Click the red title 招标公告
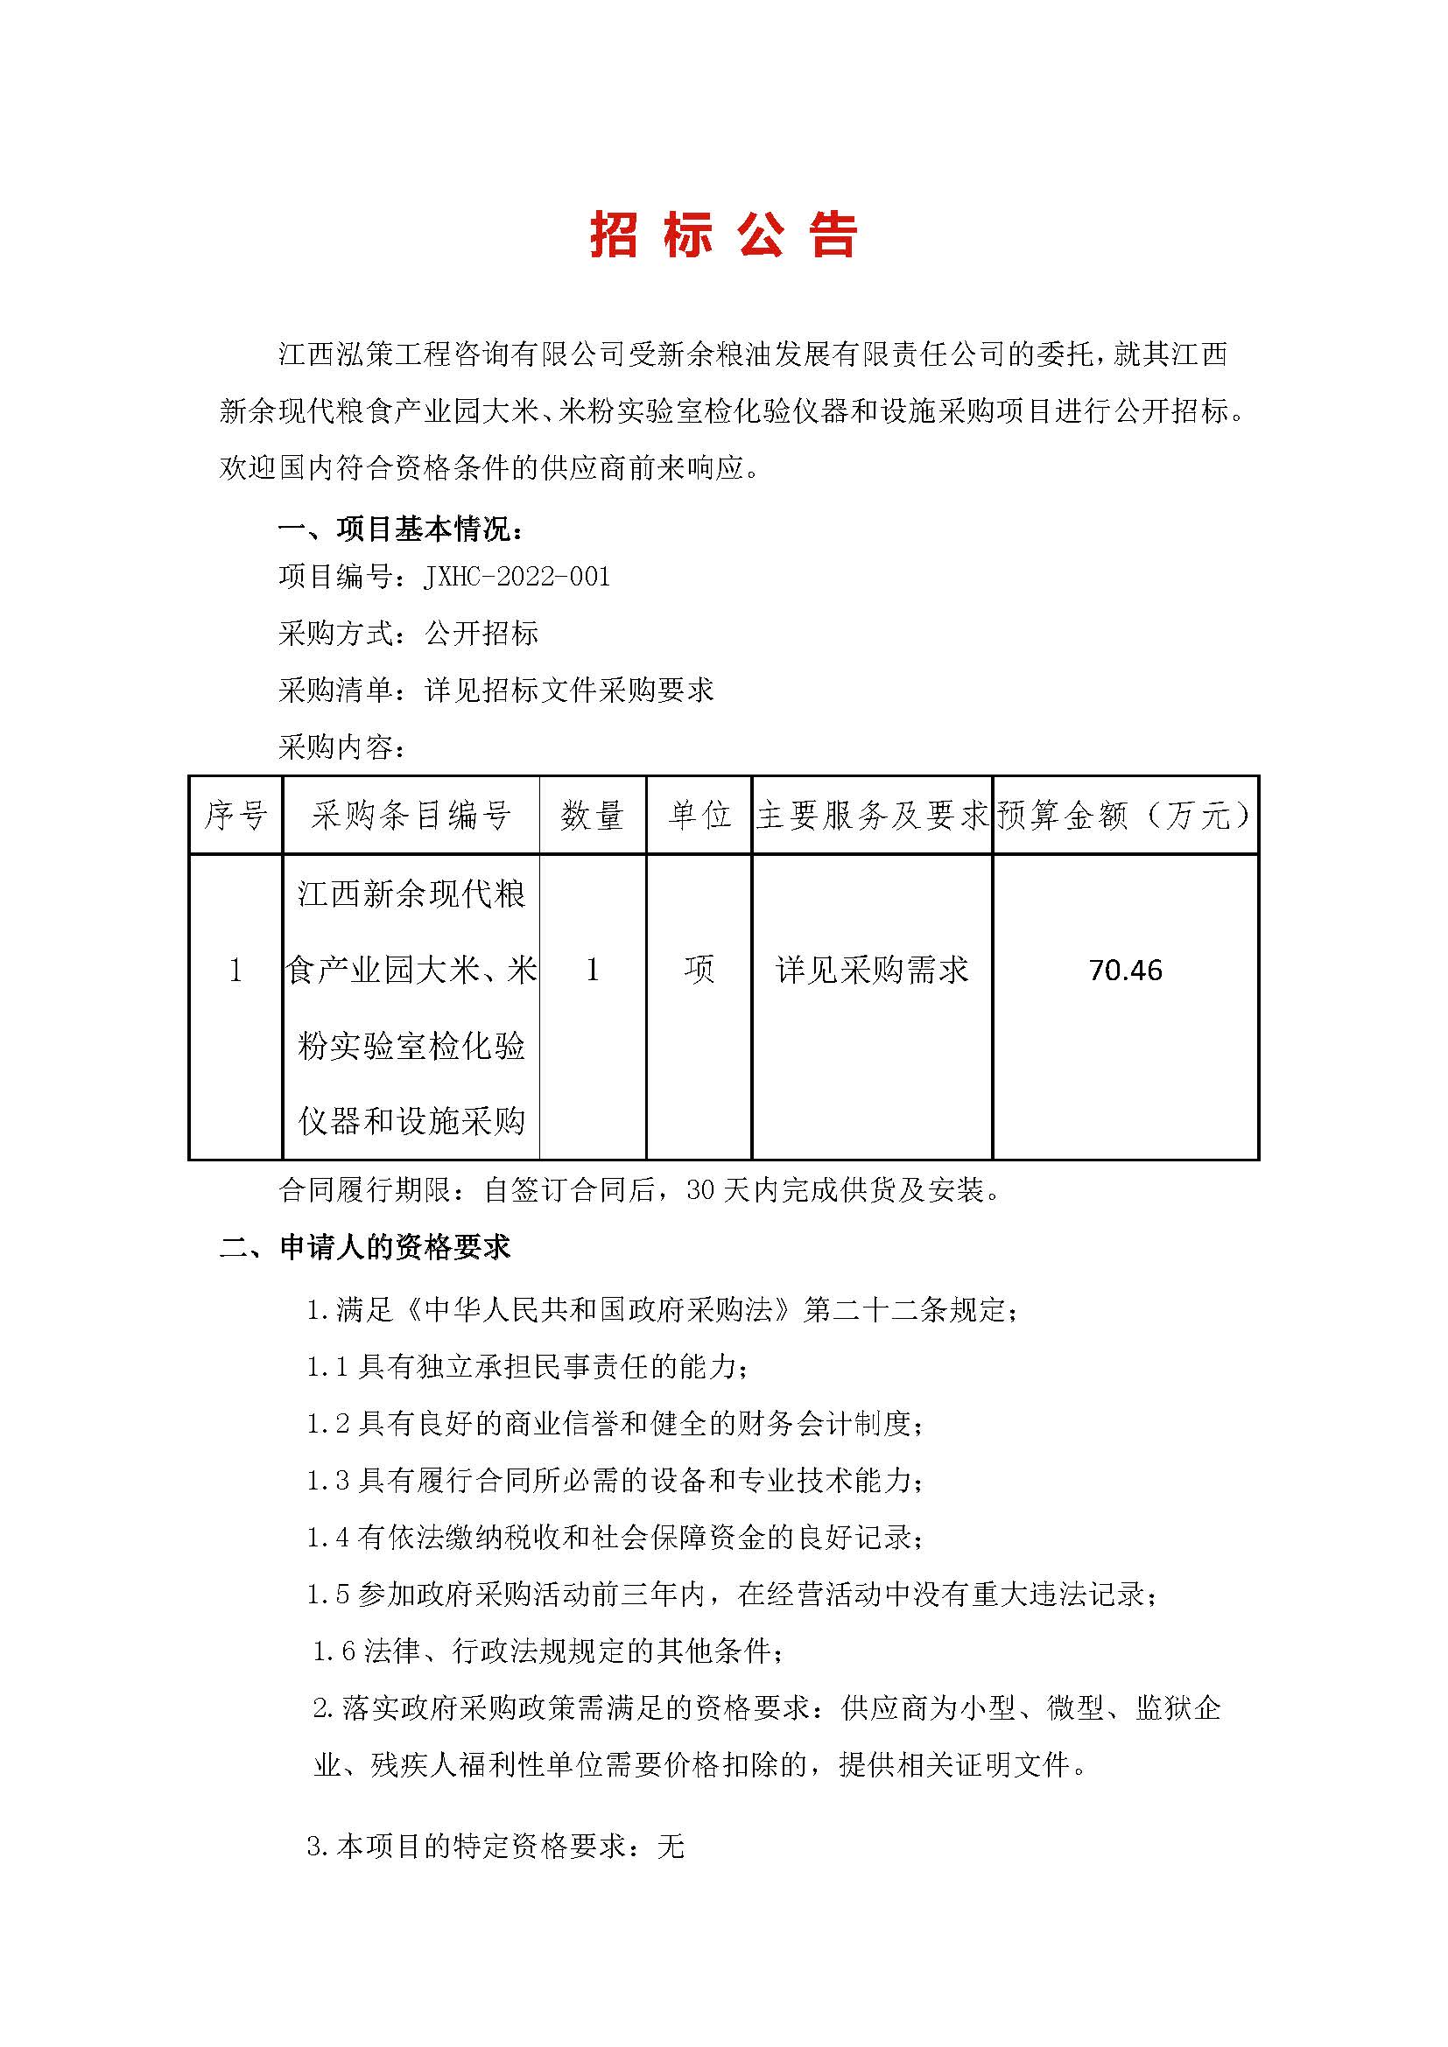pos(723,236)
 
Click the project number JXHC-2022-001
pos(518,577)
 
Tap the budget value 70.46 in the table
pos(1125,970)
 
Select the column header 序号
pos(235,815)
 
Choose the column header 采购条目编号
pos(411,815)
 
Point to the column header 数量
pos(592,815)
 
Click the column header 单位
pos(699,815)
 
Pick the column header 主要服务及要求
pos(872,815)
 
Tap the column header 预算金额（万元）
pos(1125,815)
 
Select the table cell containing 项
pos(699,969)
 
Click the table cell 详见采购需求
pos(872,969)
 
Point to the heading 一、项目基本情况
pos(400,529)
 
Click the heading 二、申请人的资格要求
pos(366,1247)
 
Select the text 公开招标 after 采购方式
pos(482,634)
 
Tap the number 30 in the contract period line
pos(702,1190)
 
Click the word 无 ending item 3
pos(670,1847)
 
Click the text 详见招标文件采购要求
pos(570,690)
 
